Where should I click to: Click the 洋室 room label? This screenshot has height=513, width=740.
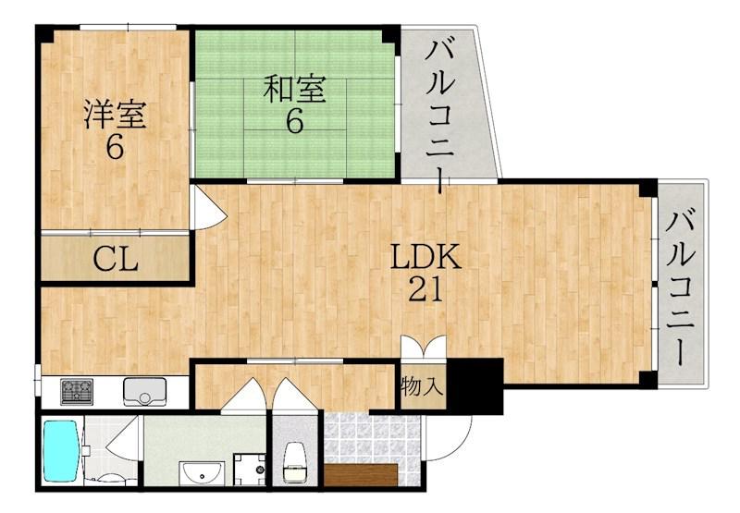pos(115,115)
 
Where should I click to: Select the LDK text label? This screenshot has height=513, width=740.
pos(424,258)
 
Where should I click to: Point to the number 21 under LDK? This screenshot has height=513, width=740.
pos(425,290)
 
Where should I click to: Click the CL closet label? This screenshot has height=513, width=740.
pos(116,260)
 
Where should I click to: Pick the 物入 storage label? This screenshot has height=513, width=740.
pos(422,386)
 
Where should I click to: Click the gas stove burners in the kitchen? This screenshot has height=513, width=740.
pos(78,391)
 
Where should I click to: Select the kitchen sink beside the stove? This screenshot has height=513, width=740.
pos(142,391)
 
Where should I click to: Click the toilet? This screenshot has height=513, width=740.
pos(295,458)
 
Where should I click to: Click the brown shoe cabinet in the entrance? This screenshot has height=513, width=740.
pos(361,473)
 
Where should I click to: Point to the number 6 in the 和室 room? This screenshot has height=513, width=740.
pos(294,122)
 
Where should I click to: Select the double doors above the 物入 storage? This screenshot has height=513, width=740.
pos(423,350)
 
